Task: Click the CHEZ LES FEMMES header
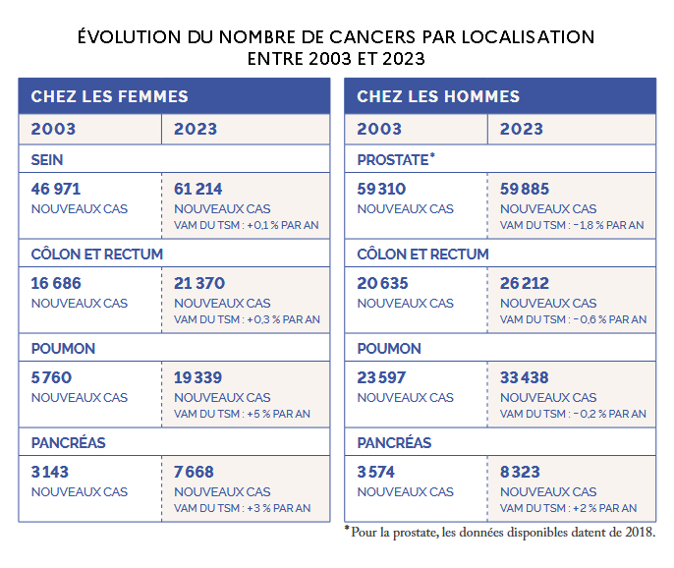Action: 109,96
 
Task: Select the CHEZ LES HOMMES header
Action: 438,96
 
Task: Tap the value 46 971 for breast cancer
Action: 56,189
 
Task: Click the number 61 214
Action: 198,189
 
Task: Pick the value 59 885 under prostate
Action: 525,189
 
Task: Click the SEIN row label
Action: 47,159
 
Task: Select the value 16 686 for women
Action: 56,283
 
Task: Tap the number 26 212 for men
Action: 525,283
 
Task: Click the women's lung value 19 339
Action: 198,377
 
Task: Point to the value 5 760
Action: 52,377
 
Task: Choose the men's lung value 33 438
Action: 525,377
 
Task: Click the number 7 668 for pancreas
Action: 195,472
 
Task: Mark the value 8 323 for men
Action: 521,472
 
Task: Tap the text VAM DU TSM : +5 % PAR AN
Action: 242,414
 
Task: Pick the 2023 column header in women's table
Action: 196,129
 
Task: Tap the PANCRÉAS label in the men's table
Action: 394,442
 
